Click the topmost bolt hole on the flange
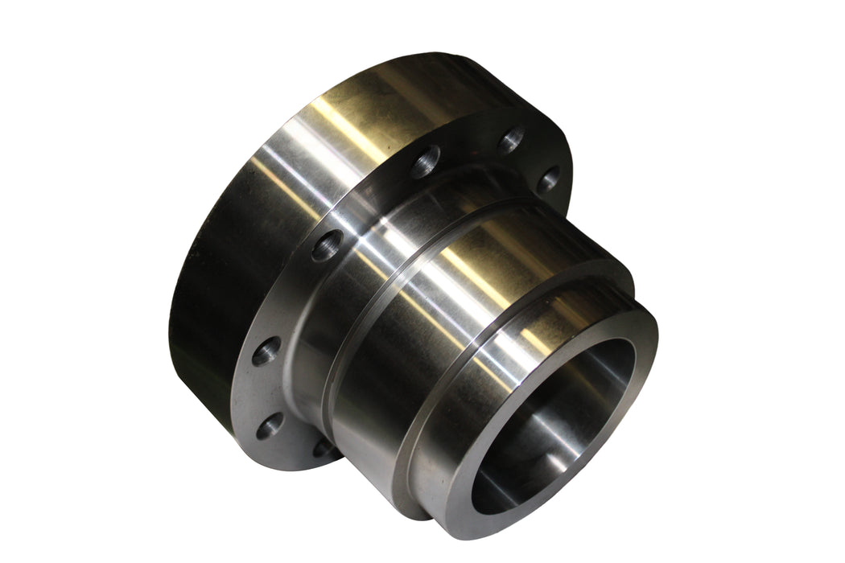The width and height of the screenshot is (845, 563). [x=512, y=141]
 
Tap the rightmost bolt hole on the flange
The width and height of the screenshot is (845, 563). [x=549, y=179]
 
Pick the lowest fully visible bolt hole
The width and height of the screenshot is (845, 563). [x=270, y=425]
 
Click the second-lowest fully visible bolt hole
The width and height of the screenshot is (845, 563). [x=266, y=351]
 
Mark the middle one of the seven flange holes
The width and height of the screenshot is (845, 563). [x=327, y=245]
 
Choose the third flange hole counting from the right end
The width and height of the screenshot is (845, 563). [x=425, y=162]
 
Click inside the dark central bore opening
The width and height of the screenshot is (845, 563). [x=555, y=426]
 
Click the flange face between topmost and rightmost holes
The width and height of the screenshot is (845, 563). [x=536, y=157]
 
